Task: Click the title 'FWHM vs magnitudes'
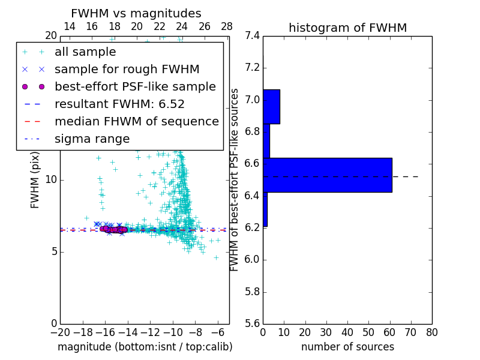[x=136, y=14]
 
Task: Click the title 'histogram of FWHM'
[x=347, y=28]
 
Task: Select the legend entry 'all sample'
[x=85, y=52]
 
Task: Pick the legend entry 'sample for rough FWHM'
[x=127, y=70]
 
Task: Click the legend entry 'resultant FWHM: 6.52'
[x=119, y=104]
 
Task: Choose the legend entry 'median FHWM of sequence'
[x=136, y=121]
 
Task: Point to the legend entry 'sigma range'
[x=92, y=139]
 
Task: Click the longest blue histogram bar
[x=328, y=175]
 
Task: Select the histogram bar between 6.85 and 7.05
[x=271, y=107]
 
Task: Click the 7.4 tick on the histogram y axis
[x=252, y=36]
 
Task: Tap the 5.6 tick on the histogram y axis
[x=252, y=324]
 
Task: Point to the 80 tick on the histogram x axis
[x=431, y=332]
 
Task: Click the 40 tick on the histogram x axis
[x=347, y=332]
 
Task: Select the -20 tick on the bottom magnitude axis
[x=60, y=332]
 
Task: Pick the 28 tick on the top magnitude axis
[x=227, y=26]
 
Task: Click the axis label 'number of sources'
[x=347, y=347]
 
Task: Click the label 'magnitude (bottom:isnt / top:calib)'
[x=145, y=347]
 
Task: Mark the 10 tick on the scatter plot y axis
[x=50, y=180]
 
